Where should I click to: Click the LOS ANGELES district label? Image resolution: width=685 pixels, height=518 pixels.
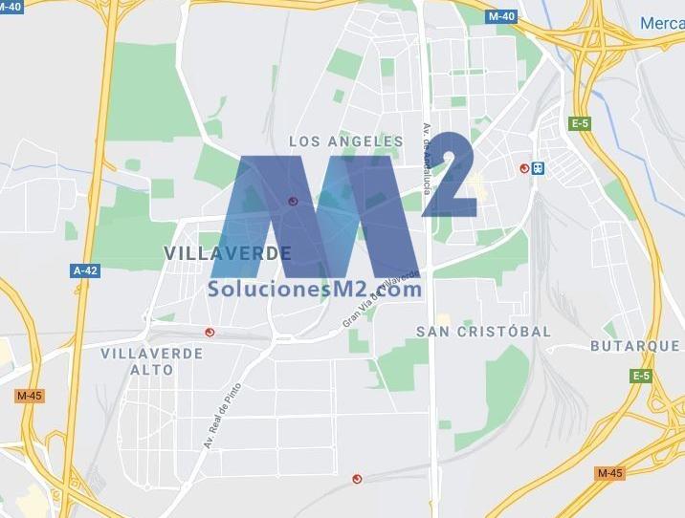pyautogui.click(x=346, y=141)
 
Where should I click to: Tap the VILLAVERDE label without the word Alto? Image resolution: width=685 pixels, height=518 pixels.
pyautogui.click(x=228, y=253)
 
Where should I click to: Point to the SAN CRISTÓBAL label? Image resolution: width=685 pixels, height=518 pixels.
pyautogui.click(x=483, y=332)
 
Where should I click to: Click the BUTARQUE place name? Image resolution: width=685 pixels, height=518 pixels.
pyautogui.click(x=634, y=346)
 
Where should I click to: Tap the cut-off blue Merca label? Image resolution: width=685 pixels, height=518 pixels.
pyautogui.click(x=662, y=22)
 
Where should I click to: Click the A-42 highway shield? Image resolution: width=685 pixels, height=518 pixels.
pyautogui.click(x=85, y=270)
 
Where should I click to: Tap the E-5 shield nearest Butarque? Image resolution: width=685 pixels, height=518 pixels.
pyautogui.click(x=640, y=377)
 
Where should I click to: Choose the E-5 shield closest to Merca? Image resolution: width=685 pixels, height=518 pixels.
pyautogui.click(x=580, y=122)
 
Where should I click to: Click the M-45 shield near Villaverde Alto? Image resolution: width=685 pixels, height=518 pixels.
pyautogui.click(x=30, y=396)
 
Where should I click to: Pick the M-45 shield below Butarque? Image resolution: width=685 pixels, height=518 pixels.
pyautogui.click(x=609, y=473)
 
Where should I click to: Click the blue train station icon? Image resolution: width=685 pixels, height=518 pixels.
pyautogui.click(x=539, y=169)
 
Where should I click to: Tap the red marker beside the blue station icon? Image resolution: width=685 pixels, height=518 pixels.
pyautogui.click(x=524, y=168)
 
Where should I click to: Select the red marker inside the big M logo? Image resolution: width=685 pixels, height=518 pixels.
pyautogui.click(x=293, y=201)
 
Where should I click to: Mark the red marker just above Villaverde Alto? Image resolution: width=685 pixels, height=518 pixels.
pyautogui.click(x=210, y=333)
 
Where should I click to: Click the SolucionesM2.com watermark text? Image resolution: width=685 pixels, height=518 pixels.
pyautogui.click(x=315, y=288)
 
